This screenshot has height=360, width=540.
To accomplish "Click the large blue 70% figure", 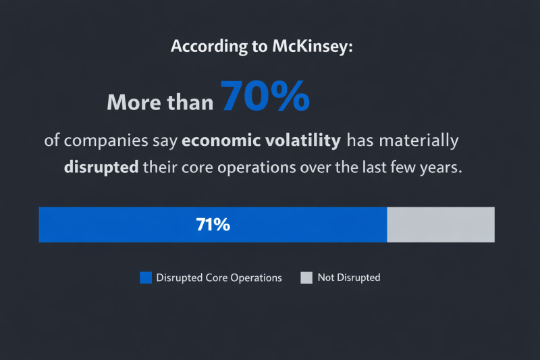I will point(265,96).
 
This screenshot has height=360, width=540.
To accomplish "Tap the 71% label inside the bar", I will point(213,225).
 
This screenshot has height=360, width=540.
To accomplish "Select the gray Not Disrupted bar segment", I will point(440,225).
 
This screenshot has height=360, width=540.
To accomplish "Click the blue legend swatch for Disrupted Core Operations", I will point(146,278).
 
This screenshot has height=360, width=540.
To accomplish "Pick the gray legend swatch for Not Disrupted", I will point(306,278).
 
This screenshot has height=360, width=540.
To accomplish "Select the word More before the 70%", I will point(134,103).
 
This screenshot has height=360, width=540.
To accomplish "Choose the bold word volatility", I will point(301,141).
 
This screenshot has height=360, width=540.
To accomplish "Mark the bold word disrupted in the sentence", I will point(101,168).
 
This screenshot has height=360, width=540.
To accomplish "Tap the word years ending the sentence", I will point(442,168).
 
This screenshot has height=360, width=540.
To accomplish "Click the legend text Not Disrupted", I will point(349,278).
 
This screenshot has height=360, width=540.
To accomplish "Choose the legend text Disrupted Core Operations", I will point(219,278).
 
